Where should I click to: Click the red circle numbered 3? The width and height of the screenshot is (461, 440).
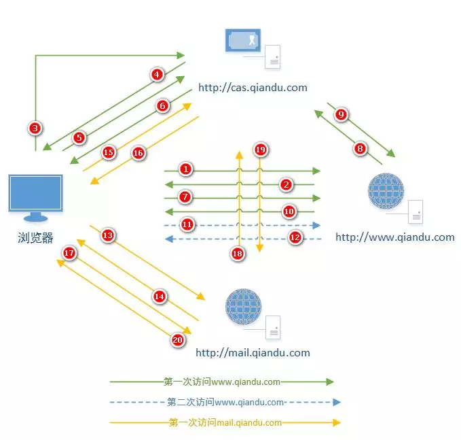(35, 127)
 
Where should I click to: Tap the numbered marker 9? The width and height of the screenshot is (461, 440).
(342, 114)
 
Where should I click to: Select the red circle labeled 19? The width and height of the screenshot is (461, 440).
(260, 149)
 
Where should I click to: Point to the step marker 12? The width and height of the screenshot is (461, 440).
(295, 237)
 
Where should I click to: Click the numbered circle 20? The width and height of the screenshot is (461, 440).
(178, 340)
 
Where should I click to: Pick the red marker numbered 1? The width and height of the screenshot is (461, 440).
(187, 168)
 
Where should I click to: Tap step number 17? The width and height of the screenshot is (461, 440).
(69, 253)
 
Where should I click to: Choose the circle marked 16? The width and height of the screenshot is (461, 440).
(138, 153)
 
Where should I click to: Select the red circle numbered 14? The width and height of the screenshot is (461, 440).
(160, 297)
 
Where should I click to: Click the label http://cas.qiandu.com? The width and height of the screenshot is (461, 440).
(253, 88)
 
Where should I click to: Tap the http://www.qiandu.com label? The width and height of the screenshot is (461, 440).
(394, 237)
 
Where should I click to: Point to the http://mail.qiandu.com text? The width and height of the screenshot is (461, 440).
(253, 353)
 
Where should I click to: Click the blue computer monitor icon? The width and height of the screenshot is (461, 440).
(35, 196)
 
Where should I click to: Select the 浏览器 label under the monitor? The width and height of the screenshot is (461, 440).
(35, 238)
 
